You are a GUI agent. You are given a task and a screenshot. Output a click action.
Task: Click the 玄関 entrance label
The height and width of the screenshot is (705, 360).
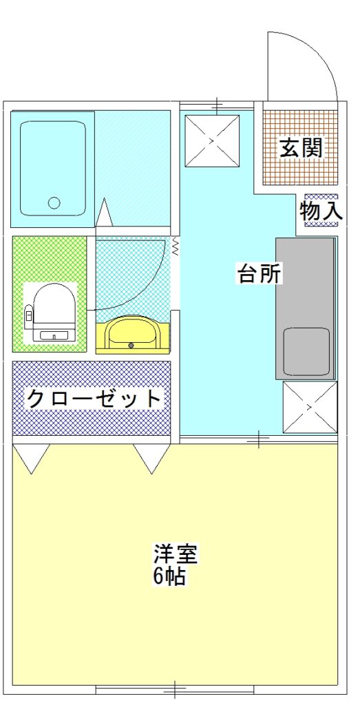301,147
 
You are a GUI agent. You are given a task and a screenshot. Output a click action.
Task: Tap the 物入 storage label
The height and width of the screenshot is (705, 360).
321,210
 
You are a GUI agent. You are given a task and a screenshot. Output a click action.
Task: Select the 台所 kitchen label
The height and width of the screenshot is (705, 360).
260,273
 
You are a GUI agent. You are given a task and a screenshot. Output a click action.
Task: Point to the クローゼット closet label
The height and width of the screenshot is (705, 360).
94,398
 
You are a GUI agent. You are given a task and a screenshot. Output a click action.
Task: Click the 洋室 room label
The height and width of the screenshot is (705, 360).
176,554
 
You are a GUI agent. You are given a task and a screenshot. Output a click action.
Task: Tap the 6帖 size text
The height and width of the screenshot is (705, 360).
169,576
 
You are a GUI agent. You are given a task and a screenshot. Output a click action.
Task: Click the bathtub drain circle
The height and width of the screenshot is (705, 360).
54,203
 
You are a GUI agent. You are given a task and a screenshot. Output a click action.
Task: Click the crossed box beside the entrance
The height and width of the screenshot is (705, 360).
212,140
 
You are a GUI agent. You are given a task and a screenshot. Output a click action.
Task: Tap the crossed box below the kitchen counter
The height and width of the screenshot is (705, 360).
310,407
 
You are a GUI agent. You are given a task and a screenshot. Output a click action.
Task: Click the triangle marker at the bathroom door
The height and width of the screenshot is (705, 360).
104,212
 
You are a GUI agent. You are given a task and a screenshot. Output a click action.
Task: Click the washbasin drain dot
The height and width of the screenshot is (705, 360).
131,346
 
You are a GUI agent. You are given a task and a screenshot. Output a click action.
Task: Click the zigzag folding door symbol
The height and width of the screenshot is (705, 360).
176,246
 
